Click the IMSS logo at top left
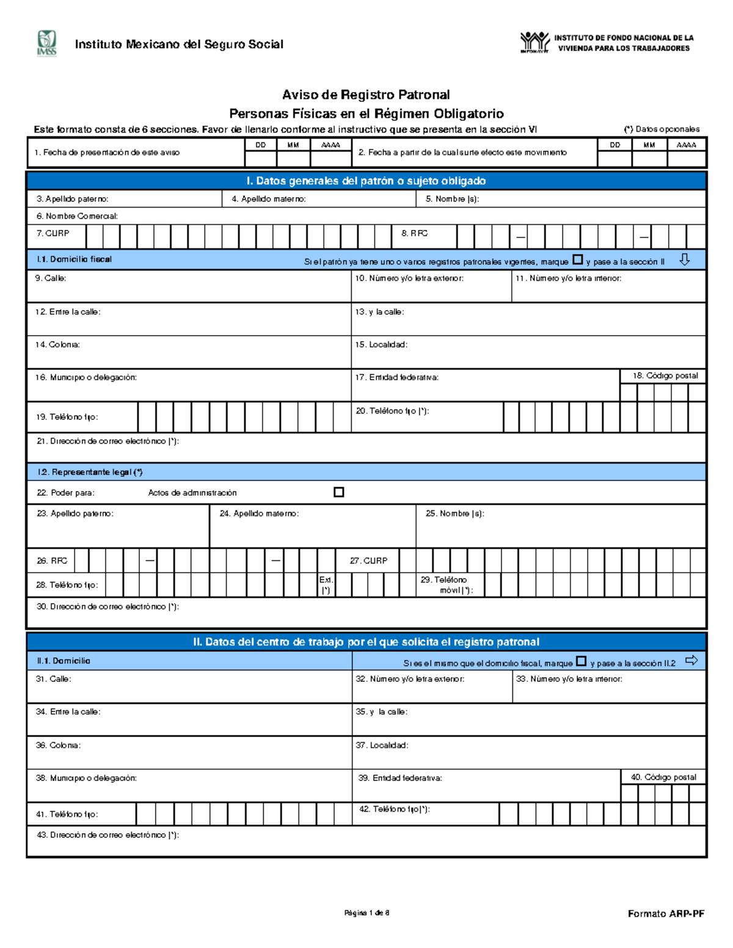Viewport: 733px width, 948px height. click(x=46, y=43)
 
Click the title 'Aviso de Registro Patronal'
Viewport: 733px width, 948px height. click(x=366, y=95)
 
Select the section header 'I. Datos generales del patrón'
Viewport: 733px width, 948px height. click(x=366, y=181)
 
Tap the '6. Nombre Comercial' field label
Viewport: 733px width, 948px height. click(x=77, y=216)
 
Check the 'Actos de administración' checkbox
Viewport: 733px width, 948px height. click(x=339, y=492)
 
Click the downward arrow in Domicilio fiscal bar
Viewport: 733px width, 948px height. click(x=685, y=259)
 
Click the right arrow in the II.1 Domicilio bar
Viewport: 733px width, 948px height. click(x=691, y=660)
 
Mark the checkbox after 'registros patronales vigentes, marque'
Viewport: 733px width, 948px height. click(x=578, y=259)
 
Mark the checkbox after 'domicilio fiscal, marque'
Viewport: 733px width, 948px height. click(x=582, y=661)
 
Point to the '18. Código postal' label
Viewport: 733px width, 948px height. click(x=665, y=376)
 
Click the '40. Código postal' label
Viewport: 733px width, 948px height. click(x=663, y=777)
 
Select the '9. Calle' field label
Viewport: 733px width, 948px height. click(x=51, y=278)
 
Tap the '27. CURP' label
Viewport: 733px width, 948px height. click(x=368, y=560)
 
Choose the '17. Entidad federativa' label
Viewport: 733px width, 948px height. click(x=397, y=378)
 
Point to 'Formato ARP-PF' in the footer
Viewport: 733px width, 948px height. click(x=666, y=914)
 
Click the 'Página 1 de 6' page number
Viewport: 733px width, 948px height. click(x=366, y=913)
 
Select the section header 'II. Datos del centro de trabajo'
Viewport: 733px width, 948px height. click(x=366, y=642)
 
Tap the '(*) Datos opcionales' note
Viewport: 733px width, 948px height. click(x=662, y=129)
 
